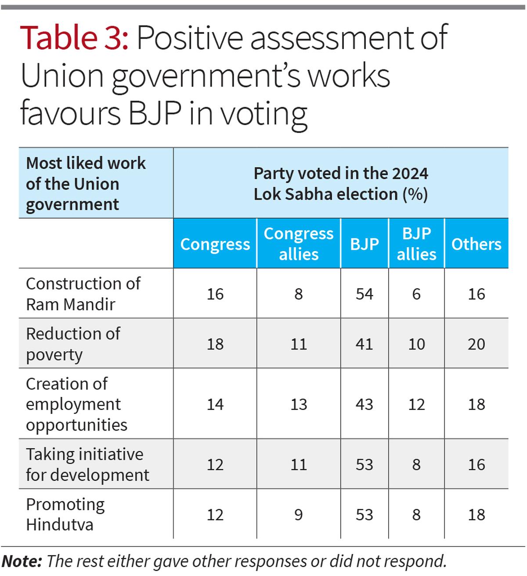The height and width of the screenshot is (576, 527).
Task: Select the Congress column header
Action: pos(215,244)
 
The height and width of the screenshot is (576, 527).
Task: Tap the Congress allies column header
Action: pos(299,244)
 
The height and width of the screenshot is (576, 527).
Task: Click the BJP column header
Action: pos(365,244)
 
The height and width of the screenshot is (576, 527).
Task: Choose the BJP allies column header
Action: pos(416,244)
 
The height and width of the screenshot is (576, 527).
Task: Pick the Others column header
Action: pos(476,244)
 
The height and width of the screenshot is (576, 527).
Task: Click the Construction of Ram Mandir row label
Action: pos(83,294)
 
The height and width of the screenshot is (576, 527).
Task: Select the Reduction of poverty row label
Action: pos(73,344)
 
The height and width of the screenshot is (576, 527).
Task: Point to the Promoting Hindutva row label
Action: pos(65,514)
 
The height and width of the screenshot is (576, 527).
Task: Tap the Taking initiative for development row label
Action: pos(87,464)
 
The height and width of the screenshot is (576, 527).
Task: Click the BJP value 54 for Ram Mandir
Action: pos(365,294)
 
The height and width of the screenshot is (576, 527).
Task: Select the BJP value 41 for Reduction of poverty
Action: pos(365,344)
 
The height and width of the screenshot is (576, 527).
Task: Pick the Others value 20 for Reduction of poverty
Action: pos(476,344)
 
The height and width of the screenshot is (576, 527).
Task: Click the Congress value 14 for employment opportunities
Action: pos(215,404)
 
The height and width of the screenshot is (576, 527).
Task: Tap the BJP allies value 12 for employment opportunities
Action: pos(416,404)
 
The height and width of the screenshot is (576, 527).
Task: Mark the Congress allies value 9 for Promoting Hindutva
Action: pos(299,515)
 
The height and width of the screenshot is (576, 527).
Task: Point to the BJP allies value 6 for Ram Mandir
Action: pos(416,294)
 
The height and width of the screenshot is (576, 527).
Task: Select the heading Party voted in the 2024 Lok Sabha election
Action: pos(341,184)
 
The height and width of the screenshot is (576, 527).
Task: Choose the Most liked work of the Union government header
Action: pos(86,184)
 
